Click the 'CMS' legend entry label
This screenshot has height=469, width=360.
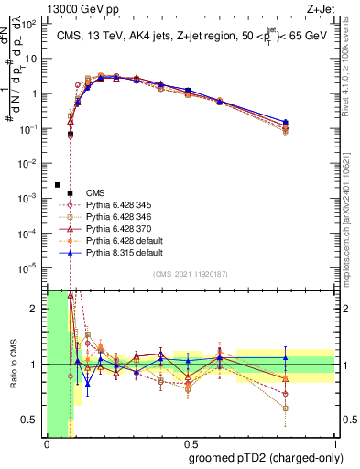pos(96,192)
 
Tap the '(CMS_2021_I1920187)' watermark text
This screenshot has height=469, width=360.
pos(191,275)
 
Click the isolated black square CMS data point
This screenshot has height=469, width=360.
pos(58,184)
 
